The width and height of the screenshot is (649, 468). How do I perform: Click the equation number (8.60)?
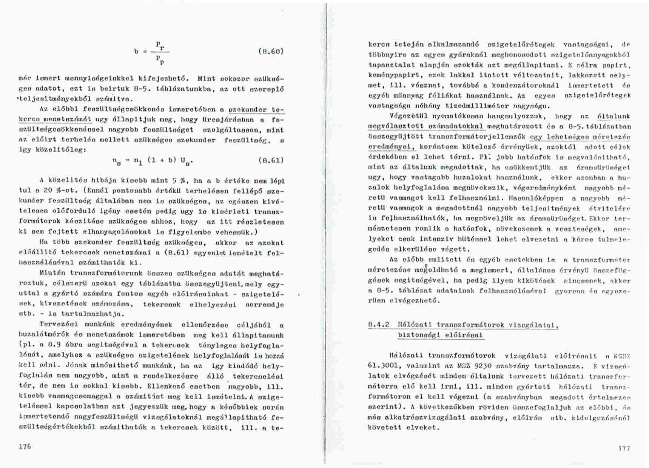270,51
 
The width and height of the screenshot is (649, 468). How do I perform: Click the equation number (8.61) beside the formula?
271,160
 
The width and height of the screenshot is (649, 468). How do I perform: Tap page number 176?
25,446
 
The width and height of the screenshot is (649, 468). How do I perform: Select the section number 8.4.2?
378,325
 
